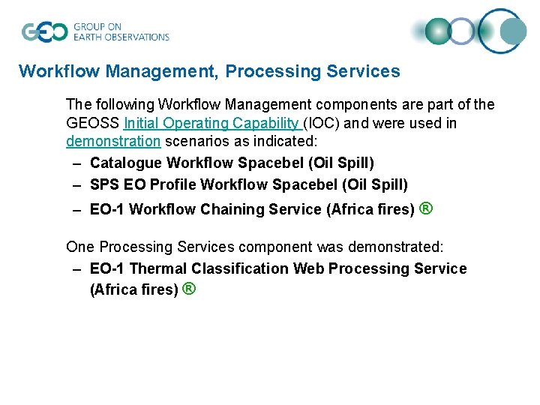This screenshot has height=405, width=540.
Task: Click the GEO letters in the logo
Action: (x=44, y=32)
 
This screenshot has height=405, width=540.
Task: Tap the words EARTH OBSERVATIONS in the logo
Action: (x=121, y=37)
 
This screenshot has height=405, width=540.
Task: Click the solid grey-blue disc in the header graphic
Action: (x=514, y=31)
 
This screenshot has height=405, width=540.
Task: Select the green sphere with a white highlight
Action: (x=439, y=31)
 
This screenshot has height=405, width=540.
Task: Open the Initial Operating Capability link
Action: (x=212, y=123)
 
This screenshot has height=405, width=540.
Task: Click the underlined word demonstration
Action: (x=113, y=141)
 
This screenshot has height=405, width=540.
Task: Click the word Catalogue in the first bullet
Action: (x=125, y=163)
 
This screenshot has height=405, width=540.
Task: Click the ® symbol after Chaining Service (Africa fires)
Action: (x=426, y=209)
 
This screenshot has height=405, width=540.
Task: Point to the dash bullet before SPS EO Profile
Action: (x=76, y=184)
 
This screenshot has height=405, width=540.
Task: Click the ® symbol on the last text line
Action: (x=189, y=289)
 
